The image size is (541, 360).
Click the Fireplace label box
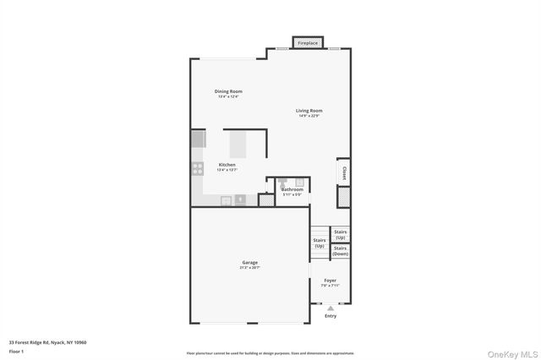click(308, 42)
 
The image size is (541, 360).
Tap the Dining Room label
click(228, 91)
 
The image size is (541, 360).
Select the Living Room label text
click(309, 111)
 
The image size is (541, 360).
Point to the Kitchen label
click(227, 165)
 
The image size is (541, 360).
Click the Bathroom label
click(292, 189)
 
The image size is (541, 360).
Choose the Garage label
click(249, 263)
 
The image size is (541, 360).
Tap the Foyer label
click(330, 281)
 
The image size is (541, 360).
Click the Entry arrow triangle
click(330, 308)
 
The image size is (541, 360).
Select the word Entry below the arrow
click(330, 316)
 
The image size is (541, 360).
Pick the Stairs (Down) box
click(341, 252)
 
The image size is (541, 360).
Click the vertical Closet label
click(344, 172)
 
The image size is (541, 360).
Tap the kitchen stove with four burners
click(198, 168)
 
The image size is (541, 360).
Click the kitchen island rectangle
click(238, 144)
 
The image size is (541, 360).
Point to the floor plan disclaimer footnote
click(270, 353)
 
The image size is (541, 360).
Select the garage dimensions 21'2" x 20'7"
click(249, 268)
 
